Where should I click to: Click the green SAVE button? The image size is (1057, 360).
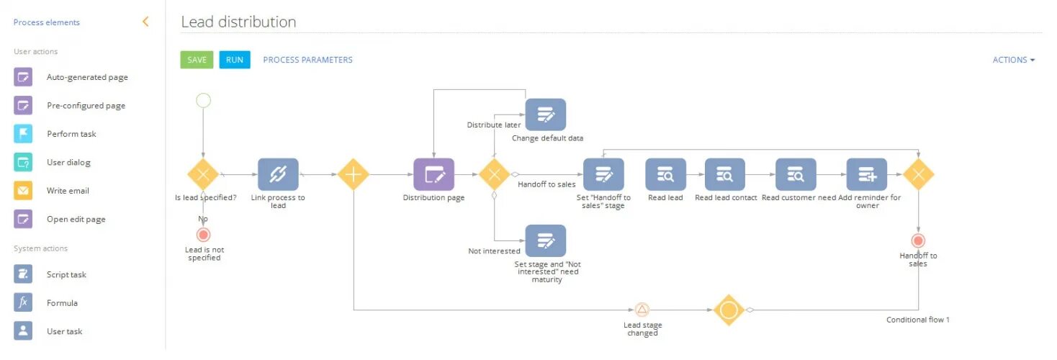(x=197, y=60)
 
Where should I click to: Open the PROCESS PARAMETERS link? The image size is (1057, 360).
(x=307, y=60)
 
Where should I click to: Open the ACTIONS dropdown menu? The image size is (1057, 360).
(x=1013, y=60)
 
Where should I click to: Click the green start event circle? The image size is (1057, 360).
(x=204, y=100)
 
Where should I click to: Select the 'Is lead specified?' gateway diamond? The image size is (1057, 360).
(x=203, y=174)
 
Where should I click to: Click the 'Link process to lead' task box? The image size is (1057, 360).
(x=278, y=174)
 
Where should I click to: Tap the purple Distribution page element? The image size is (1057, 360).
(x=433, y=174)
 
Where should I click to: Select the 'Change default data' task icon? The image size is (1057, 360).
(x=545, y=115)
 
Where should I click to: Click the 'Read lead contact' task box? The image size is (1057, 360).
(x=725, y=174)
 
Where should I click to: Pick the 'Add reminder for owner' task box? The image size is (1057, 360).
(x=867, y=174)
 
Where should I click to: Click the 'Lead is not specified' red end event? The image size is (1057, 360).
(x=204, y=235)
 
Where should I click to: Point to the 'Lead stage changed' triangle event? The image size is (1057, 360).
(x=642, y=310)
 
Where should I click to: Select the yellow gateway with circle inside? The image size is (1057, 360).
(x=728, y=310)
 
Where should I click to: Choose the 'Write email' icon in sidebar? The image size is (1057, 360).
(x=23, y=191)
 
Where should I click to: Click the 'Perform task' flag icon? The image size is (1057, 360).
(x=23, y=134)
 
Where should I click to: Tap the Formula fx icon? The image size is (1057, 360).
(x=23, y=303)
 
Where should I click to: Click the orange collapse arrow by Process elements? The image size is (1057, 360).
(x=145, y=22)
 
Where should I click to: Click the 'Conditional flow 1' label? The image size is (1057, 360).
(x=917, y=320)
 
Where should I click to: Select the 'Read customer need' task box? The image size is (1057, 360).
(x=796, y=174)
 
